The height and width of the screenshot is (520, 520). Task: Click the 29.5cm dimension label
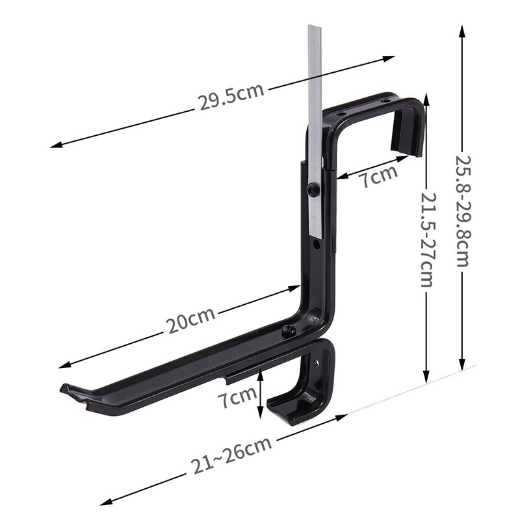pos(231,96)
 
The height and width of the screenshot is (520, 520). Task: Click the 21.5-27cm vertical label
pos(427,239)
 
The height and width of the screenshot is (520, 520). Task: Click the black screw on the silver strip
pos(313,190)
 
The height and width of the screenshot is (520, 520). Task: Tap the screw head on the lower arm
pos(289,331)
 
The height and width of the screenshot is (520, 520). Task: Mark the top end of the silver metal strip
pos(315,26)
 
